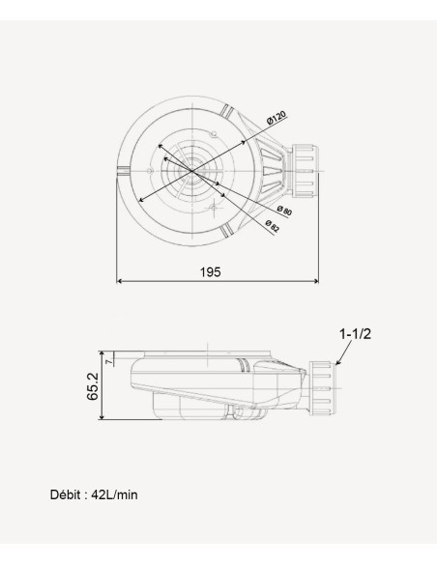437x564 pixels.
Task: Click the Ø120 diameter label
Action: [277, 117]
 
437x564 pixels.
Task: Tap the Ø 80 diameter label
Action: [284, 211]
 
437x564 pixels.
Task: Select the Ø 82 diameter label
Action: [272, 226]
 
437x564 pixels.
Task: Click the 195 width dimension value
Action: [211, 272]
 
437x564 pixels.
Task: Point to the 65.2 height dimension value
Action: [93, 386]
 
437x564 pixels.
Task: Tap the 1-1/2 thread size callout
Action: [355, 334]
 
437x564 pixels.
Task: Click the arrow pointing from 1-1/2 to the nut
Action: [344, 352]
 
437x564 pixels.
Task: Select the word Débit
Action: [66, 494]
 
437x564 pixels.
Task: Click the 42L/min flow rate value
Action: [114, 494]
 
